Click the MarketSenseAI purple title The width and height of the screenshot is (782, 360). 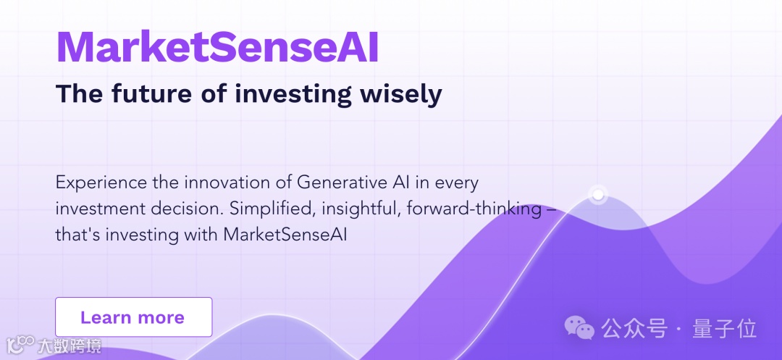[x=217, y=47]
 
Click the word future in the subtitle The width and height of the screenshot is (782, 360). [x=151, y=93]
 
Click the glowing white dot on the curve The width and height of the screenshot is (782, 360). [x=597, y=194]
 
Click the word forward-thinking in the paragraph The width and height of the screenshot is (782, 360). [x=474, y=209]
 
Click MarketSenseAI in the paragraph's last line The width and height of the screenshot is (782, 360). [x=285, y=235]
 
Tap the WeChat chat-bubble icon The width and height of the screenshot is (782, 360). [x=579, y=327]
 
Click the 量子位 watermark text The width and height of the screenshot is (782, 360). [x=724, y=329]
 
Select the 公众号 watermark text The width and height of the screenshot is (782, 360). [x=634, y=329]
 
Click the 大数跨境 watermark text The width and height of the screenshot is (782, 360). [x=69, y=346]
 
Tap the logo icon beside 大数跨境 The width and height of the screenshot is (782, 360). [x=20, y=345]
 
